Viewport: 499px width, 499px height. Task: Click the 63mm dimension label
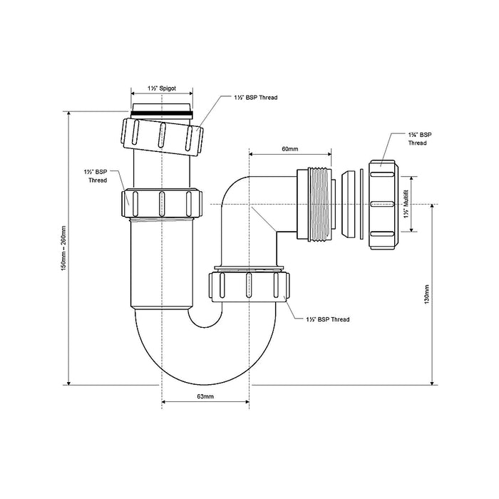tap(205, 396)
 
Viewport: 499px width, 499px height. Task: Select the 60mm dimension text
tap(290, 149)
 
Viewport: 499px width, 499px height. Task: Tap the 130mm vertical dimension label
tap(427, 294)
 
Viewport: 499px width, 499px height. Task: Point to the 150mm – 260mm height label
tap(63, 248)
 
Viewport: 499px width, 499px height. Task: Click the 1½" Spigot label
tap(162, 88)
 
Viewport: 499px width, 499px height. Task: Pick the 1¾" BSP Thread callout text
tap(420, 139)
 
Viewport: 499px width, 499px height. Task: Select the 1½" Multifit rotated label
tap(406, 204)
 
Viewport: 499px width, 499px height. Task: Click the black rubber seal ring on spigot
tap(162, 113)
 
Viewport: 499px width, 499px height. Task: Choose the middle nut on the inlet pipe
tap(162, 203)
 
